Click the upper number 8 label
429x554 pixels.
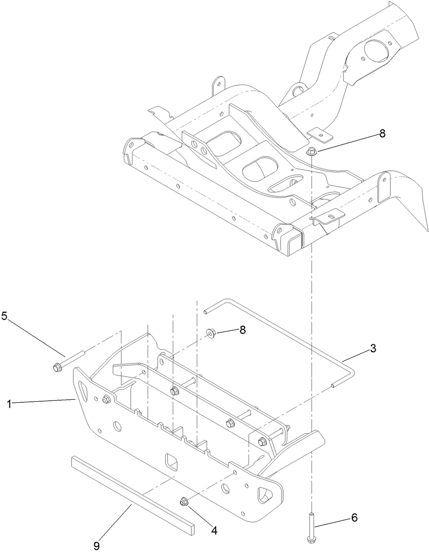coord(382,134)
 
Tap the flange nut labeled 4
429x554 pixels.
coord(183,501)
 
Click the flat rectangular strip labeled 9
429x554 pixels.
coord(132,491)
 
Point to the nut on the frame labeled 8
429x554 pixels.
coord(311,151)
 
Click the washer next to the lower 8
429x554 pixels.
coord(211,333)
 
